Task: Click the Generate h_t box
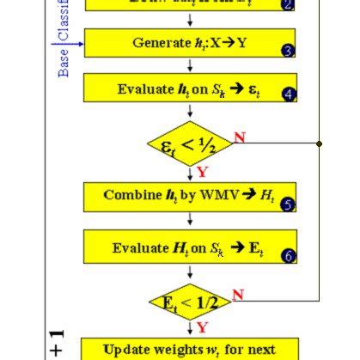pyautogui.click(x=190, y=42)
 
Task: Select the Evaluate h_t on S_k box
pyautogui.click(x=190, y=88)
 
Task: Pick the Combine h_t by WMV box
pyautogui.click(x=190, y=196)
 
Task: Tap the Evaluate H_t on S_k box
pyautogui.click(x=190, y=248)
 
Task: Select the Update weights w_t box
pyautogui.click(x=190, y=349)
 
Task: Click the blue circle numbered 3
pyautogui.click(x=288, y=51)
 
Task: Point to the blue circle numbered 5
pyautogui.click(x=288, y=204)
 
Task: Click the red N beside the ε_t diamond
pyautogui.click(x=240, y=137)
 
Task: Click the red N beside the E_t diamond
pyautogui.click(x=238, y=295)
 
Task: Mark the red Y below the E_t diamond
pyautogui.click(x=202, y=328)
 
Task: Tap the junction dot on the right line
pyautogui.click(x=319, y=143)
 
